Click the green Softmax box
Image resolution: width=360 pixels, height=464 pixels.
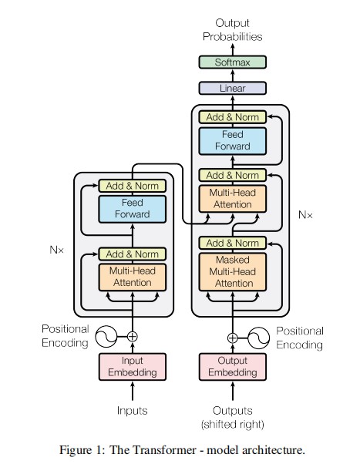(x=232, y=62)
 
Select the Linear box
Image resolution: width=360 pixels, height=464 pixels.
(x=232, y=88)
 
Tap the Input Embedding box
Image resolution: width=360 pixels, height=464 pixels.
(x=133, y=367)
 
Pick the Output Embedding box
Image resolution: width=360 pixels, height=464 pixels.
(x=232, y=367)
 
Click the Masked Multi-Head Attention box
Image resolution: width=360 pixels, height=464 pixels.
(x=232, y=271)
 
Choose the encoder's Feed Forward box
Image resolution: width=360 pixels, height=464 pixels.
(x=133, y=209)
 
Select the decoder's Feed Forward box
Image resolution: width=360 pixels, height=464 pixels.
(x=232, y=141)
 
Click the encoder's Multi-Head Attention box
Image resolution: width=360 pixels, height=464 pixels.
(x=133, y=277)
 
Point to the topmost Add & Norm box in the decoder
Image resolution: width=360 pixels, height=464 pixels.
(x=232, y=117)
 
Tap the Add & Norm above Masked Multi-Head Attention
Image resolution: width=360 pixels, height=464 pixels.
(x=232, y=244)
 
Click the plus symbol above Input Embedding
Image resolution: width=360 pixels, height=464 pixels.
(x=133, y=337)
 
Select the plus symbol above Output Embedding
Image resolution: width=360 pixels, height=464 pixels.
(x=232, y=338)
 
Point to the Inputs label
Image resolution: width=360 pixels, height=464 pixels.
(x=133, y=411)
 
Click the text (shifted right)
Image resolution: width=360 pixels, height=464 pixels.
(x=232, y=425)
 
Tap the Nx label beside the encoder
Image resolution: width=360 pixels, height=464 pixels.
(x=56, y=250)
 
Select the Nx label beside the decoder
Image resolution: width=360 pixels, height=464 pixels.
(x=305, y=215)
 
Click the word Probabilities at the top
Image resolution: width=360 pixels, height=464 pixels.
(x=232, y=37)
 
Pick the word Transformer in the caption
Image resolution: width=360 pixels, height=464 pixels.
(x=163, y=450)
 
